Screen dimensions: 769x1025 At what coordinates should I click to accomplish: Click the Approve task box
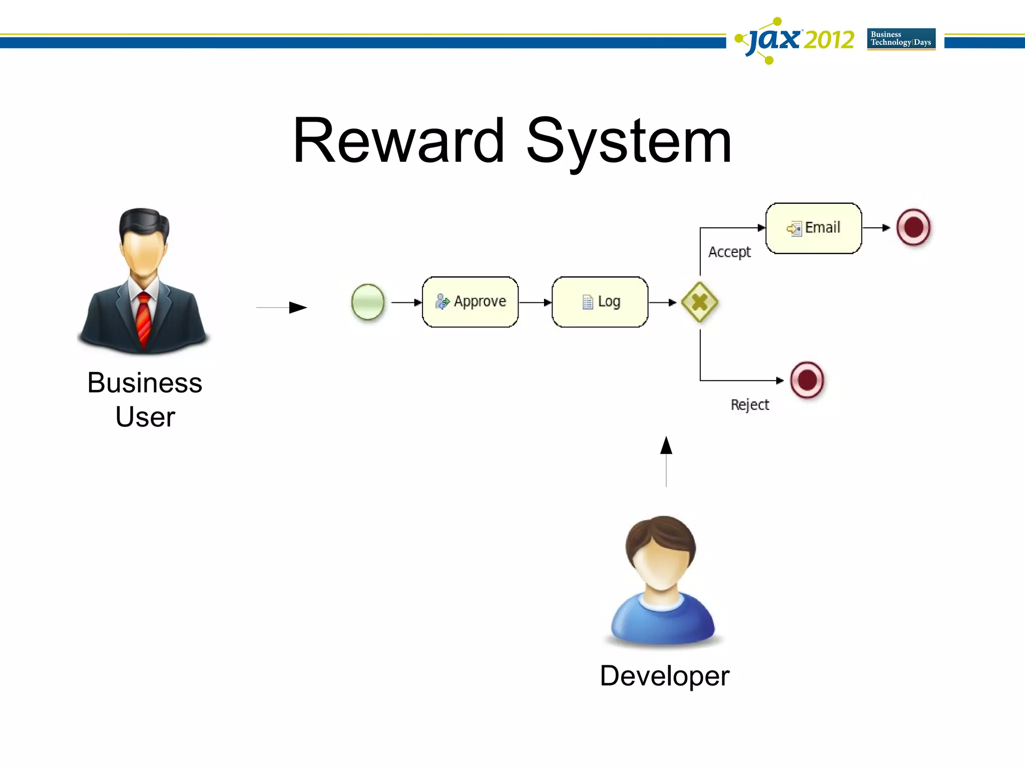pyautogui.click(x=470, y=302)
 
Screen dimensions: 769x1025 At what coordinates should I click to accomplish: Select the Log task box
pyautogui.click(x=600, y=302)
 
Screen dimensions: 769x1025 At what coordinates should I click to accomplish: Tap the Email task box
pyautogui.click(x=814, y=228)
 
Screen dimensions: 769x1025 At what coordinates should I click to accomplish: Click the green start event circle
pyautogui.click(x=368, y=302)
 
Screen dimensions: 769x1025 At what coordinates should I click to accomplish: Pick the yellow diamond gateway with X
pyautogui.click(x=700, y=302)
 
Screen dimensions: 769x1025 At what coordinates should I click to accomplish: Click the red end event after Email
pyautogui.click(x=913, y=227)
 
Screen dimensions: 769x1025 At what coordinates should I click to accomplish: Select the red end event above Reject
pyautogui.click(x=807, y=380)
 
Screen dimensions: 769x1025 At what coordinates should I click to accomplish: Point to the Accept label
pyautogui.click(x=729, y=252)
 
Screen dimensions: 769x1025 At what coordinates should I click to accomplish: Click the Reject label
pyautogui.click(x=749, y=405)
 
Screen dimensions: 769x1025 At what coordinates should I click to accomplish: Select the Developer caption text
pyautogui.click(x=664, y=676)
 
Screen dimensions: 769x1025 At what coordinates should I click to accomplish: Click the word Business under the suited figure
pyautogui.click(x=145, y=383)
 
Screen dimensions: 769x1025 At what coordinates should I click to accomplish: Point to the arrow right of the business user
pyautogui.click(x=282, y=307)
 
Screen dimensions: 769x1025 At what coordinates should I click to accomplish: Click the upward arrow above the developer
pyautogui.click(x=666, y=461)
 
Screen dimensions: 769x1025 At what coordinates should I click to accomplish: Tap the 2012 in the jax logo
pyautogui.click(x=828, y=40)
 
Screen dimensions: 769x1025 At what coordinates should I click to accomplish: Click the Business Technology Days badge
pyautogui.click(x=901, y=39)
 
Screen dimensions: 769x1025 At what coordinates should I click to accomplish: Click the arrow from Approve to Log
pyautogui.click(x=535, y=302)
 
